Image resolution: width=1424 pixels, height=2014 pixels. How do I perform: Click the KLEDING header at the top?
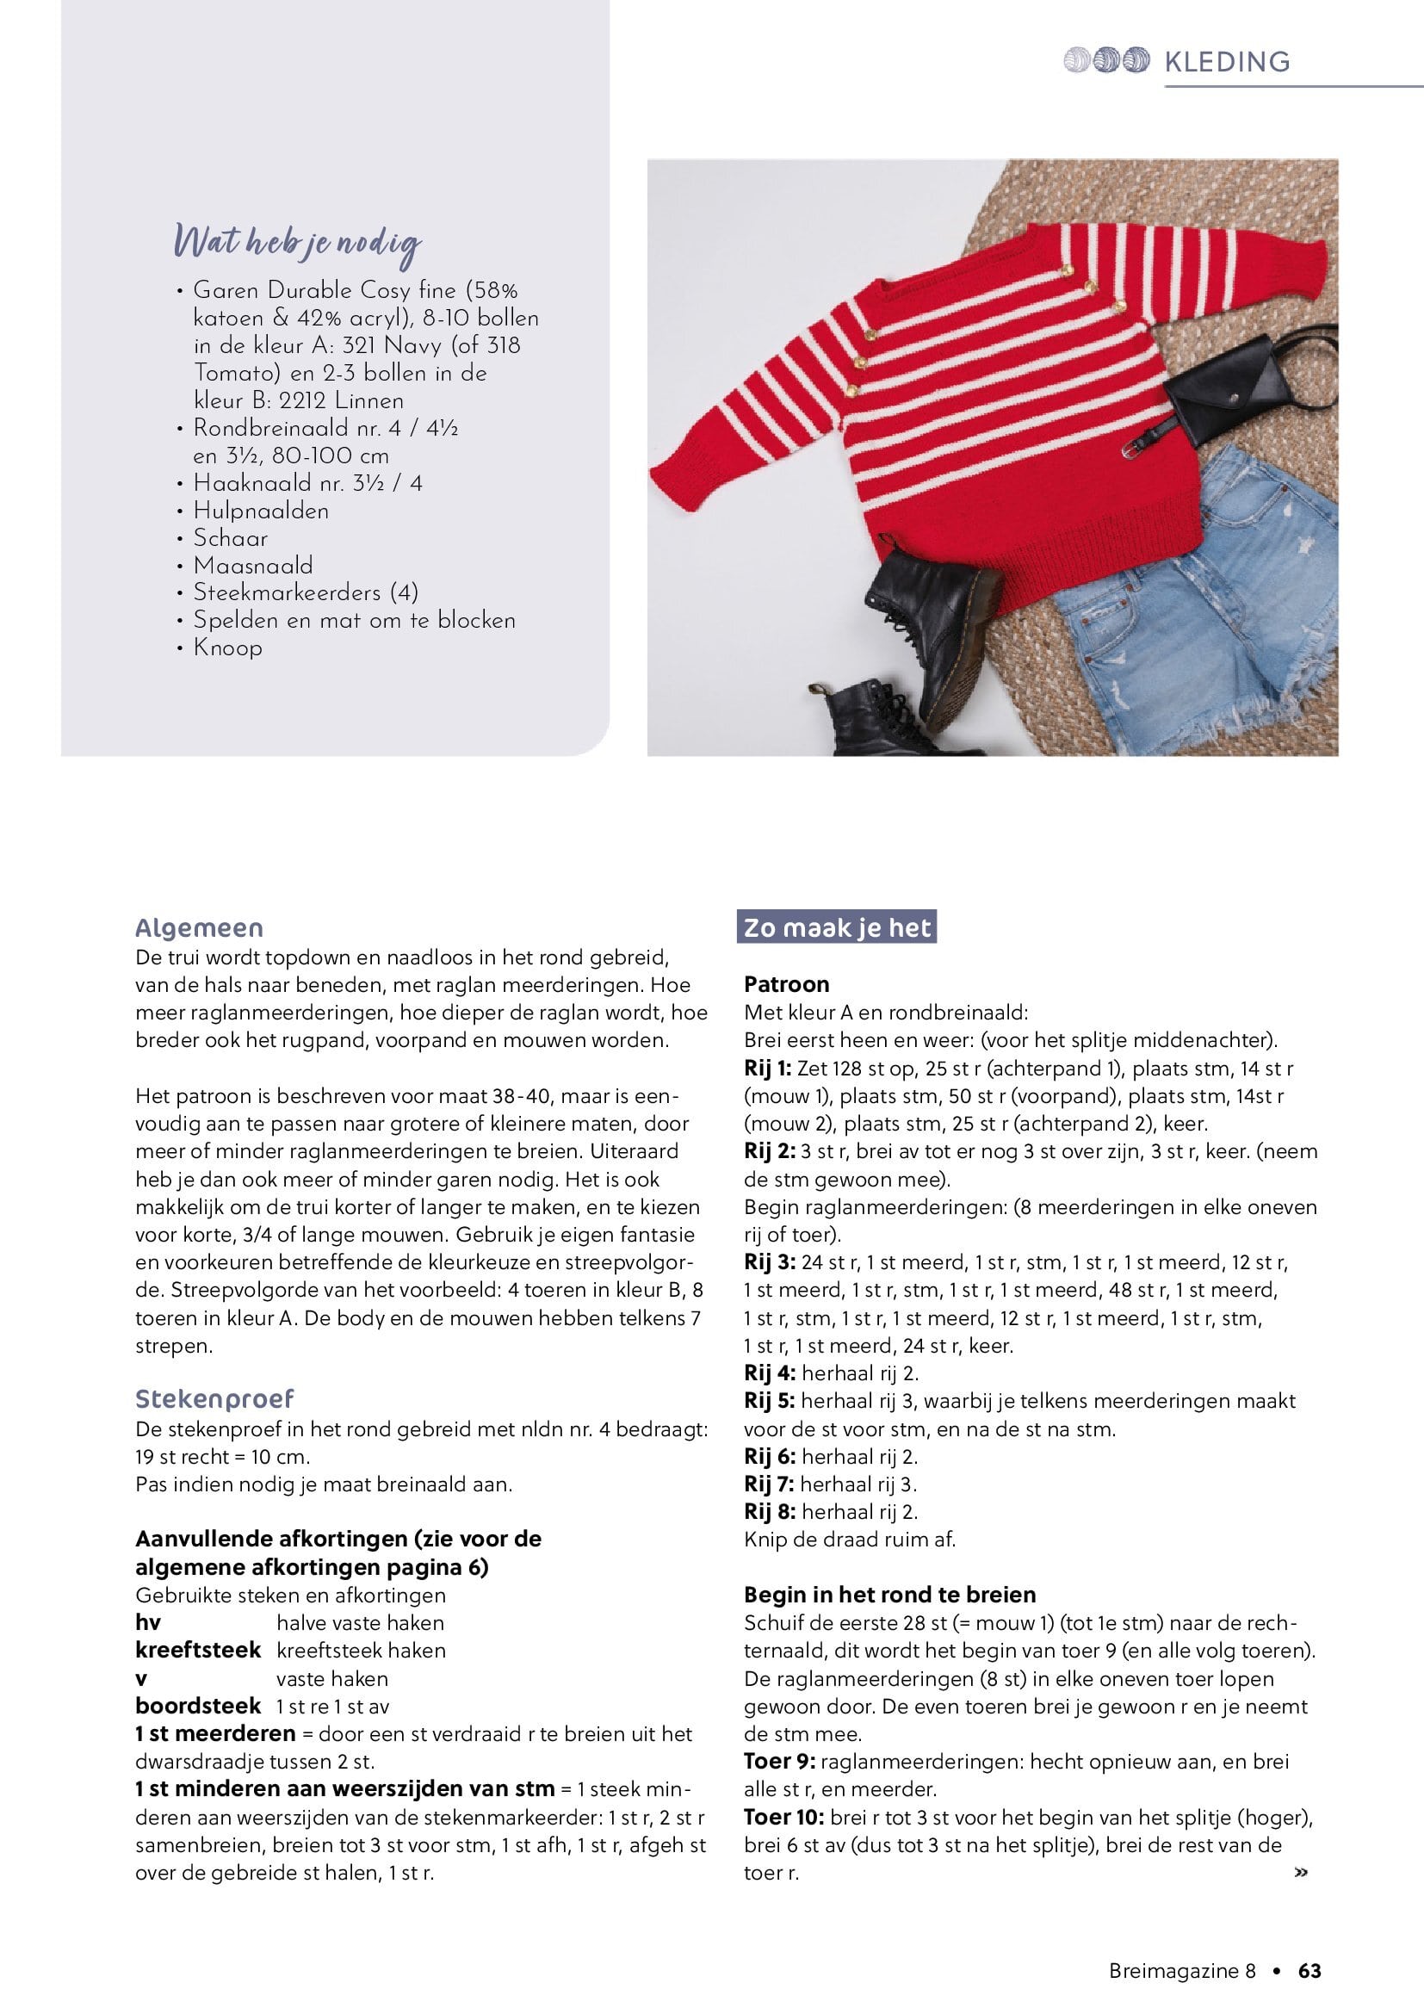coord(1227,61)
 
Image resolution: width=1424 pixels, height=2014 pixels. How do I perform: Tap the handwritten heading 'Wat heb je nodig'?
coord(297,243)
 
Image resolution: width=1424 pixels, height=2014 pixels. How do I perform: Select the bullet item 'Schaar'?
coord(231,538)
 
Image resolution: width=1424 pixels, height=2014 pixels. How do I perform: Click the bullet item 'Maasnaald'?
coord(252,566)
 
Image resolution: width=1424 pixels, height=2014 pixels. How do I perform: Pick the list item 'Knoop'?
coord(227,648)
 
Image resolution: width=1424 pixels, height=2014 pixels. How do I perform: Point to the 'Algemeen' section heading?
coord(199,928)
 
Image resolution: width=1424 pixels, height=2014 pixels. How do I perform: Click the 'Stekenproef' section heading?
coord(214,1398)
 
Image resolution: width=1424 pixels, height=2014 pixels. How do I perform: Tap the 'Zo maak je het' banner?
coord(837,927)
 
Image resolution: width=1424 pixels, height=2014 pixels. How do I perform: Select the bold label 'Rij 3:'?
coord(769,1262)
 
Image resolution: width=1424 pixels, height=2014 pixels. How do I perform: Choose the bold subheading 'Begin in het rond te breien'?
coord(889,1595)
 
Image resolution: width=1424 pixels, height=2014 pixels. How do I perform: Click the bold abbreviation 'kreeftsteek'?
coord(198,1650)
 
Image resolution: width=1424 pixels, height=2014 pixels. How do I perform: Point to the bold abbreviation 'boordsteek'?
coord(198,1706)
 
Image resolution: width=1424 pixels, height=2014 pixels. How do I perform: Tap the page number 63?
coord(1309,1971)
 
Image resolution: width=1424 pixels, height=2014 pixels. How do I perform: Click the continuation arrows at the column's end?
coord(1300,1873)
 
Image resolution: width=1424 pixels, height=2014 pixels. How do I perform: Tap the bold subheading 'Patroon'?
coord(787,984)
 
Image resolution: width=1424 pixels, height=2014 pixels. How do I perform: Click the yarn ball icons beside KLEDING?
coord(1105,60)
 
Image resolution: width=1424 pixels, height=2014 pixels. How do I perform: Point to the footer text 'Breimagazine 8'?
coord(1181,1971)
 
